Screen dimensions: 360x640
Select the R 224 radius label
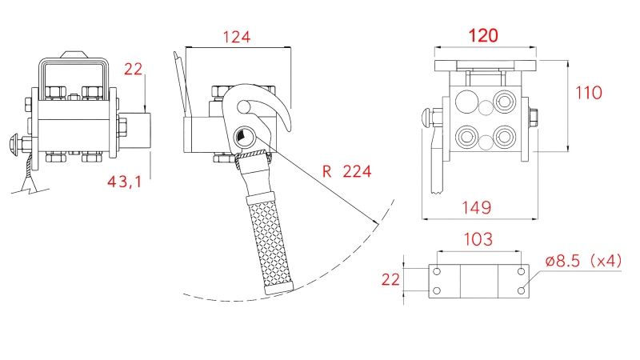pos(346,170)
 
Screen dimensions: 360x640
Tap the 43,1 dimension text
pos(124,182)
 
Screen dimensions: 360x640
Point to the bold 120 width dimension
pos(483,35)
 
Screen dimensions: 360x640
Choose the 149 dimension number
pos(476,207)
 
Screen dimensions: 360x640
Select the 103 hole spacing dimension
pos(478,239)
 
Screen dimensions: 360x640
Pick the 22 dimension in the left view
pos(133,70)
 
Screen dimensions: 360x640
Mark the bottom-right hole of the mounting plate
pos(522,291)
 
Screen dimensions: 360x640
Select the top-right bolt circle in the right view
pos(504,101)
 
